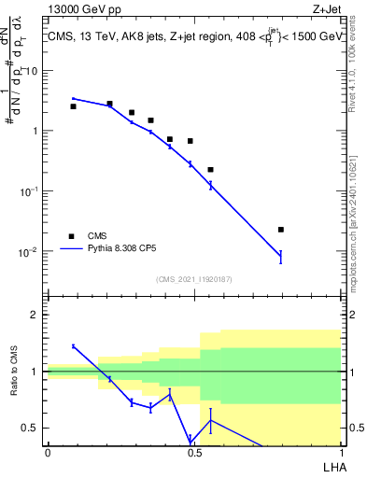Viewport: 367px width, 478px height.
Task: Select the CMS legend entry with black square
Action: pos(89,236)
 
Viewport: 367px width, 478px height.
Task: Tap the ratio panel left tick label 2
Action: pos(35,315)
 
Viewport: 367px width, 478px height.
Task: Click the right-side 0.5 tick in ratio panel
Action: pos(356,429)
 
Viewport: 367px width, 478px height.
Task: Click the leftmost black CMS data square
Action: pos(73,106)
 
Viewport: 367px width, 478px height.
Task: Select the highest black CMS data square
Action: pos(109,104)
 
